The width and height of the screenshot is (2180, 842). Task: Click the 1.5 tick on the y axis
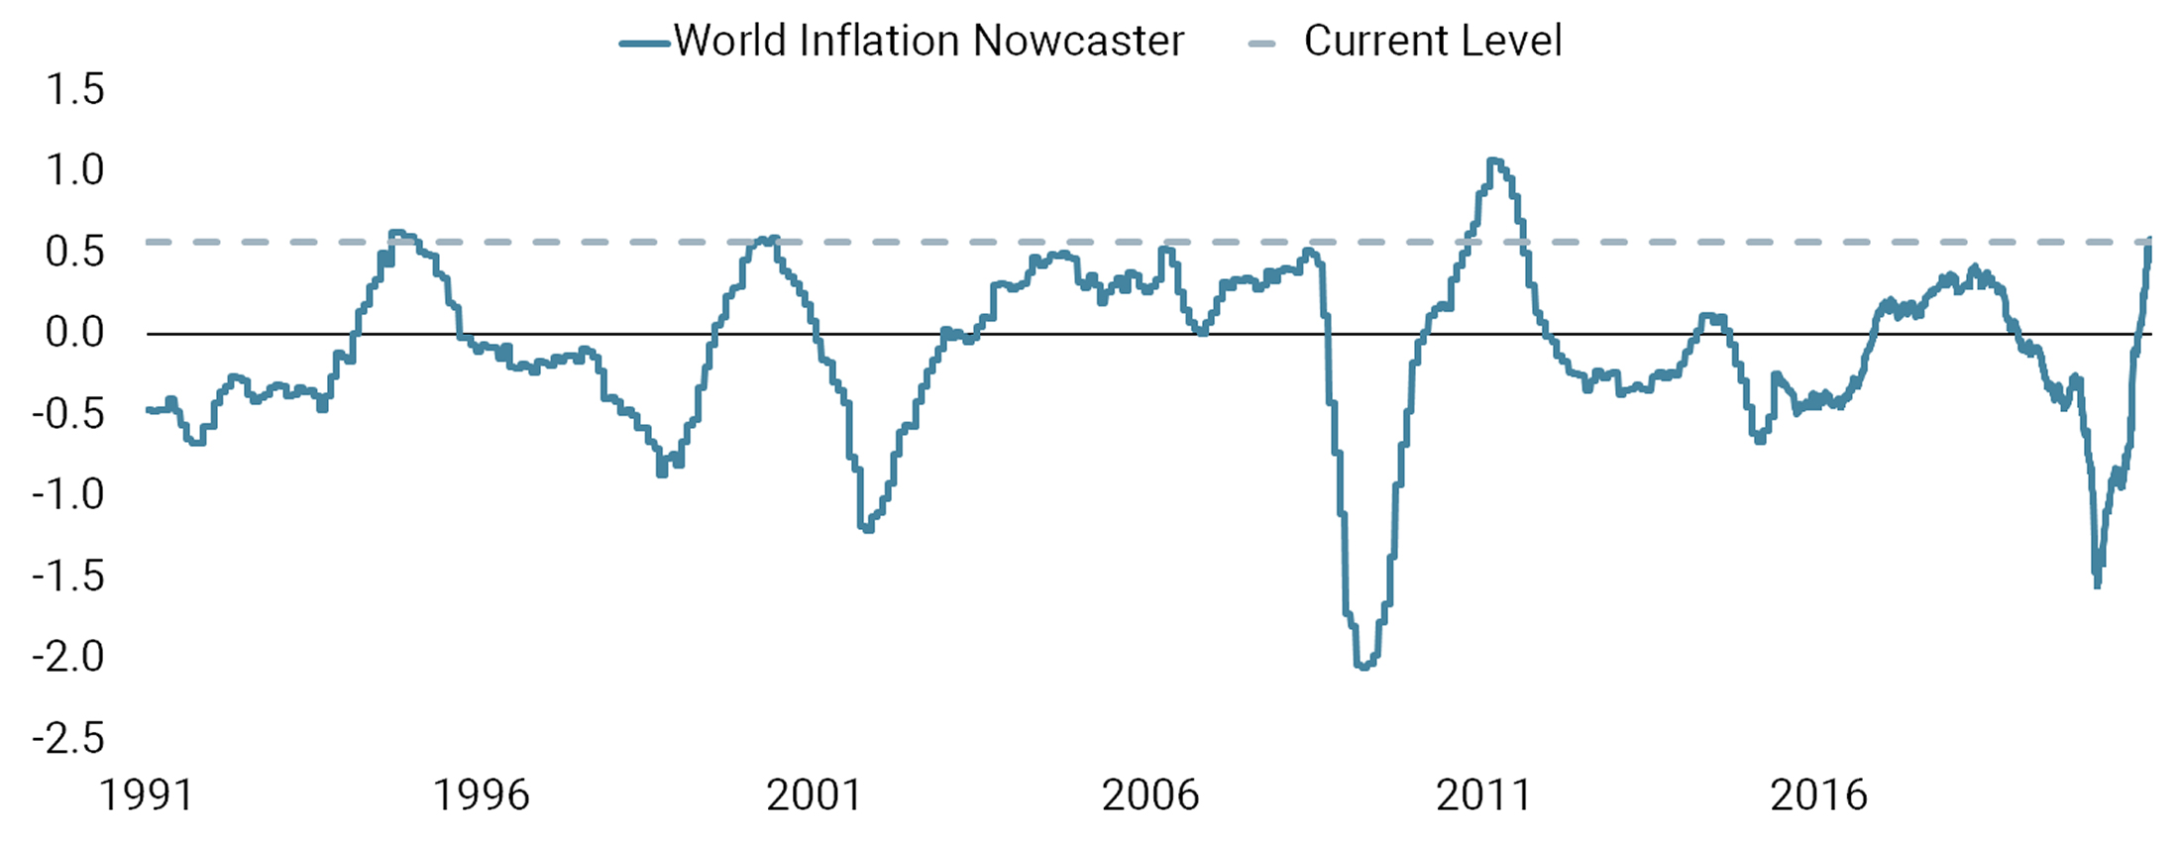click(74, 89)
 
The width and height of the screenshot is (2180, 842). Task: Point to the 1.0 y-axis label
click(74, 170)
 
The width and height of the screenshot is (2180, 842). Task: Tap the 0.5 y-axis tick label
click(74, 252)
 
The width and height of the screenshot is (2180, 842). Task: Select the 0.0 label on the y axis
click(74, 333)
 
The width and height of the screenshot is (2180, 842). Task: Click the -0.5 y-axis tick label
click(67, 414)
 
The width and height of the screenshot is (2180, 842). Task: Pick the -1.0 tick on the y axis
click(67, 494)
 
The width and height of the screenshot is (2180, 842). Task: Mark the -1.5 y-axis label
click(67, 576)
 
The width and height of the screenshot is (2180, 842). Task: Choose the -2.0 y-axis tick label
click(67, 657)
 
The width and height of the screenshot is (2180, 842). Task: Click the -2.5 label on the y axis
click(67, 738)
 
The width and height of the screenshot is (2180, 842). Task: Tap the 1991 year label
click(147, 795)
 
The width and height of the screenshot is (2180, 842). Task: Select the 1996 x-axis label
click(482, 795)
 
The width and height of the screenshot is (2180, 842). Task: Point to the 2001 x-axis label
click(815, 795)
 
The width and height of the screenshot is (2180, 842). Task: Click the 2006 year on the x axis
click(1149, 795)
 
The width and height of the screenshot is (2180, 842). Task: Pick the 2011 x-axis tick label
click(1483, 795)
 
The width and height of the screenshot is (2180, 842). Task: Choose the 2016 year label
click(1818, 795)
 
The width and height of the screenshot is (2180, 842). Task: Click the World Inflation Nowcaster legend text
click(928, 42)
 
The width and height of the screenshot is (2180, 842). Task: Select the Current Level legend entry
click(1432, 42)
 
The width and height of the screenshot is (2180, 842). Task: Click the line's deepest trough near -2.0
click(1363, 667)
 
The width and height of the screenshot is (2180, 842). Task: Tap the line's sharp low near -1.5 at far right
click(2097, 584)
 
